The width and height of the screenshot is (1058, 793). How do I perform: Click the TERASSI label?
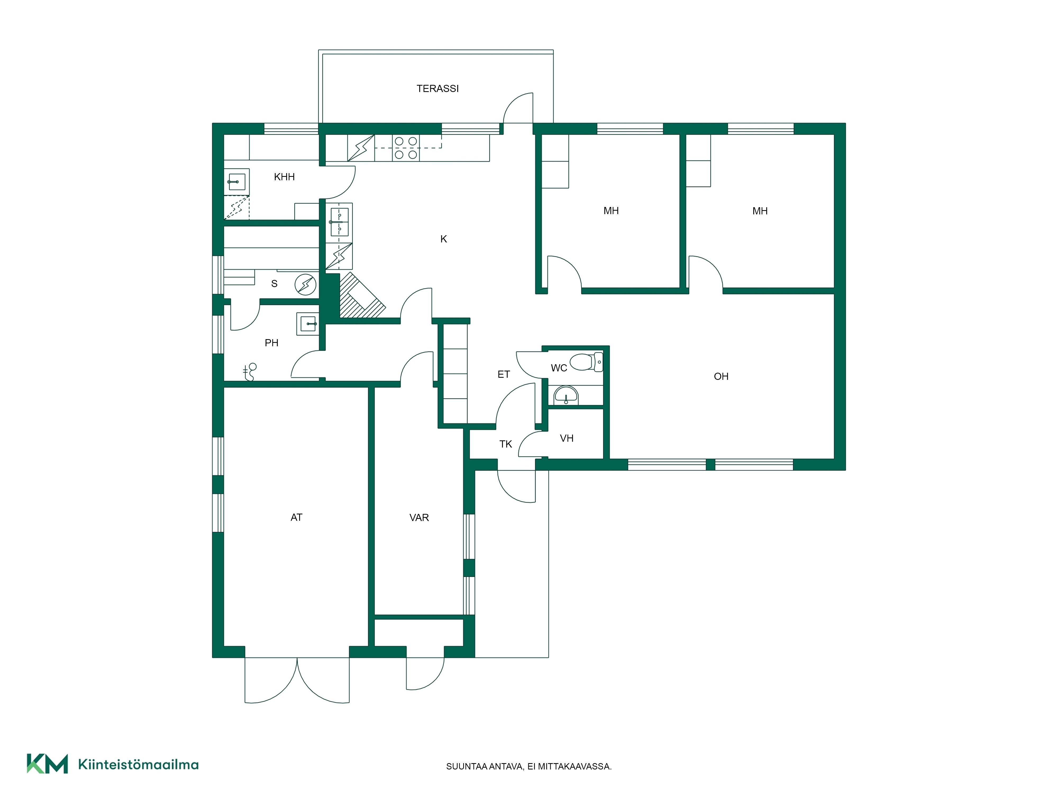pyautogui.click(x=437, y=89)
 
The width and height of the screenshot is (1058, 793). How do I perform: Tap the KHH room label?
pyautogui.click(x=284, y=177)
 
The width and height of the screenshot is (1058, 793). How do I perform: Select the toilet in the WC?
pyautogui.click(x=586, y=362)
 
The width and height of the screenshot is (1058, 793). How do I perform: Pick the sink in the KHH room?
pyautogui.click(x=237, y=182)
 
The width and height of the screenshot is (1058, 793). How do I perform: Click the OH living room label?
pyautogui.click(x=721, y=377)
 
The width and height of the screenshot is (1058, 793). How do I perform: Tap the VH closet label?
pyautogui.click(x=566, y=438)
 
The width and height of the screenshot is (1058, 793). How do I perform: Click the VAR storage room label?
pyautogui.click(x=419, y=518)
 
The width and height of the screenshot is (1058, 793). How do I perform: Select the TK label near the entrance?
pyautogui.click(x=505, y=444)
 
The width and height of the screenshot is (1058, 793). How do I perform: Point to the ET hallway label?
pyautogui.click(x=504, y=374)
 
